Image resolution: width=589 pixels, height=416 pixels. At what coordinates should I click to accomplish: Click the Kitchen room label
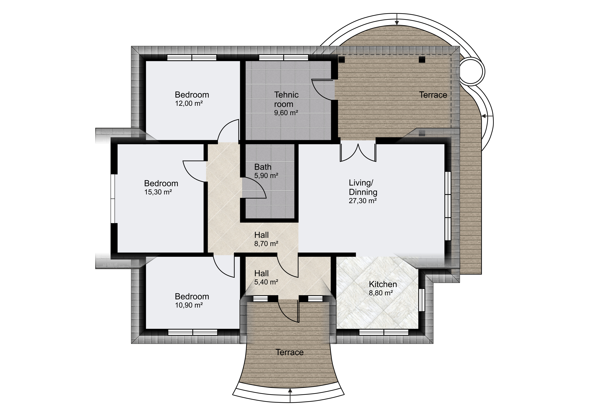click(383, 284)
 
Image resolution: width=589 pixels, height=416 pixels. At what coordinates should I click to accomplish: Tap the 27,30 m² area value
click(363, 201)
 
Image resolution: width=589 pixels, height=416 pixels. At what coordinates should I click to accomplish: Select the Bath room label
click(263, 167)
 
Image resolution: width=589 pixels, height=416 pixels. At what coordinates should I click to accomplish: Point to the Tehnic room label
click(286, 99)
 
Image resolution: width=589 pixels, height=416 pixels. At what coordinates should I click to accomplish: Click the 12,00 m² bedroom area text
click(189, 103)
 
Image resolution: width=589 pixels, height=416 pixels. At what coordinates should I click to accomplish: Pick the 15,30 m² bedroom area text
click(158, 192)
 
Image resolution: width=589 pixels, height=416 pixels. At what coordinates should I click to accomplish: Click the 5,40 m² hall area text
click(266, 282)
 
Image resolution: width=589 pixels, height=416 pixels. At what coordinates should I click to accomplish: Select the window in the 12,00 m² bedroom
click(192, 58)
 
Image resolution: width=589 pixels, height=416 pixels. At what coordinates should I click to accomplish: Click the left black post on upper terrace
click(342, 60)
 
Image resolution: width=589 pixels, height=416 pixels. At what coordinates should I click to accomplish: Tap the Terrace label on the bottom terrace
click(290, 352)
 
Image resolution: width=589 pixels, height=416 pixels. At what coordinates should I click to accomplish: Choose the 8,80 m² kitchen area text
click(381, 293)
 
